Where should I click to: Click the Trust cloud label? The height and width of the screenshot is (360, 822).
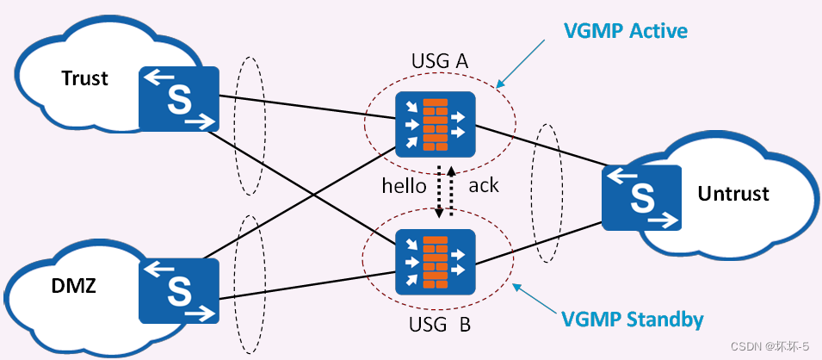84,78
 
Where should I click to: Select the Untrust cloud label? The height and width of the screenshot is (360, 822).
732,193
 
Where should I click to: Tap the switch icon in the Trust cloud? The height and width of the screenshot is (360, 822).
179,99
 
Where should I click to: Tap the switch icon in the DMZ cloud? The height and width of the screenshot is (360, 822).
179,288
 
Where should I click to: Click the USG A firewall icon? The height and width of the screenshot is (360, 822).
436,123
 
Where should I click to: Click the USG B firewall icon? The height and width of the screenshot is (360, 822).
436,261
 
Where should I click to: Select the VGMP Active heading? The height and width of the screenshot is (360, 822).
625,32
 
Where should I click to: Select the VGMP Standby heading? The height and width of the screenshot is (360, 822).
633,320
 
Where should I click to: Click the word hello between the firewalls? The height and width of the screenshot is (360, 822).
405,185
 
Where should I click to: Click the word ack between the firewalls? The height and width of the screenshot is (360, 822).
484,185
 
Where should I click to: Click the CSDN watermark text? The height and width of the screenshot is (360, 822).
764,346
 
